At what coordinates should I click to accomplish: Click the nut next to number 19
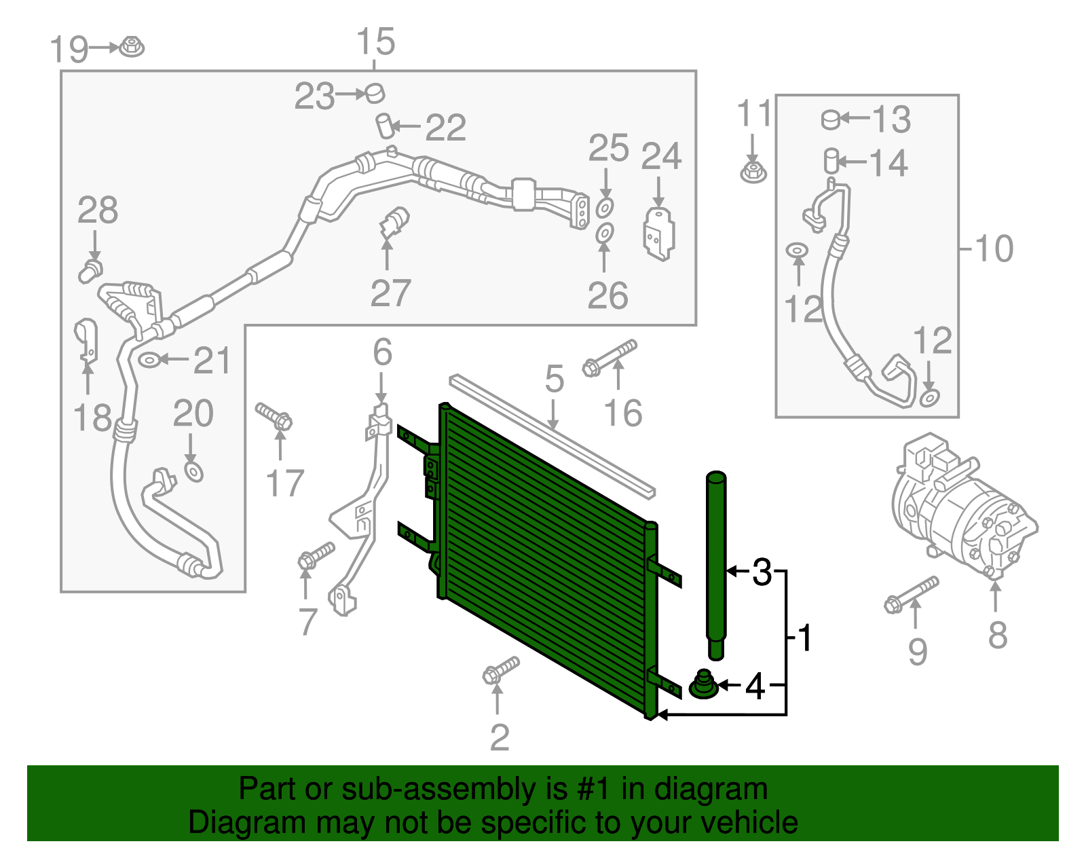coord(132,46)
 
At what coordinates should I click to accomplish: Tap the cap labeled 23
coord(375,94)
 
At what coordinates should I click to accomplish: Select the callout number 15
coord(376,41)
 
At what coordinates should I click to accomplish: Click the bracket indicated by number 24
coord(658,234)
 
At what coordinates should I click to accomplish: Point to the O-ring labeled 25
coord(605,207)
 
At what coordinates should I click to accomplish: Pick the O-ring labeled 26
coord(605,233)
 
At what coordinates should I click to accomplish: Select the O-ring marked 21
coord(149,359)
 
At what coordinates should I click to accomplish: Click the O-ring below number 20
coord(194,472)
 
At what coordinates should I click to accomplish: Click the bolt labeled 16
coord(610,358)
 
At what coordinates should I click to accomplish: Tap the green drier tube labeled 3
coord(715,565)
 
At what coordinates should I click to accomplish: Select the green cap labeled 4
coord(704,684)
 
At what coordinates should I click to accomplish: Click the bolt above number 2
coord(502,670)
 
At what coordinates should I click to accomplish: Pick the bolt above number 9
coord(911,595)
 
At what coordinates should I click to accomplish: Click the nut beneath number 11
coord(753,173)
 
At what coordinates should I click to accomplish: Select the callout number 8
coord(998,635)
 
